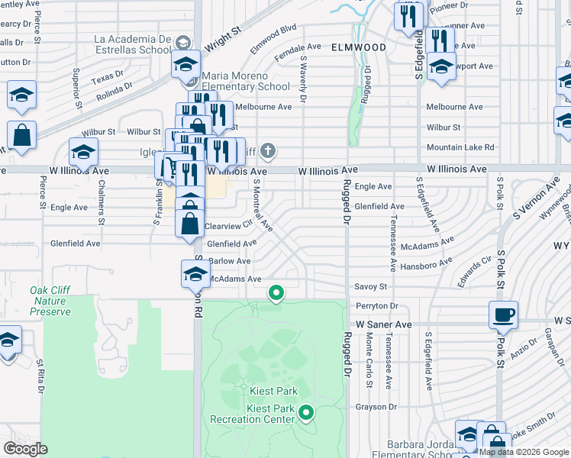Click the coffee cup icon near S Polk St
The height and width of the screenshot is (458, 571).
tap(504, 315)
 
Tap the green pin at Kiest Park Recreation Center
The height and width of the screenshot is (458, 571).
tap(306, 413)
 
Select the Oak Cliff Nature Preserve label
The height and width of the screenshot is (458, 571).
tap(50, 301)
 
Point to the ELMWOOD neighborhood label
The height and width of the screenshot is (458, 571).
tap(358, 47)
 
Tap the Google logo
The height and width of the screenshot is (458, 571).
tap(25, 448)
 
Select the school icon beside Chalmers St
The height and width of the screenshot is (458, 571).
tap(83, 151)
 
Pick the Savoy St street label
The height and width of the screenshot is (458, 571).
tap(371, 286)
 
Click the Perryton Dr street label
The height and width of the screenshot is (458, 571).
tap(373, 305)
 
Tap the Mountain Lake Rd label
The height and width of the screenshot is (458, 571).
tap(460, 147)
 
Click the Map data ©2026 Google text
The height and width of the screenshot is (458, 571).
tap(524, 452)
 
